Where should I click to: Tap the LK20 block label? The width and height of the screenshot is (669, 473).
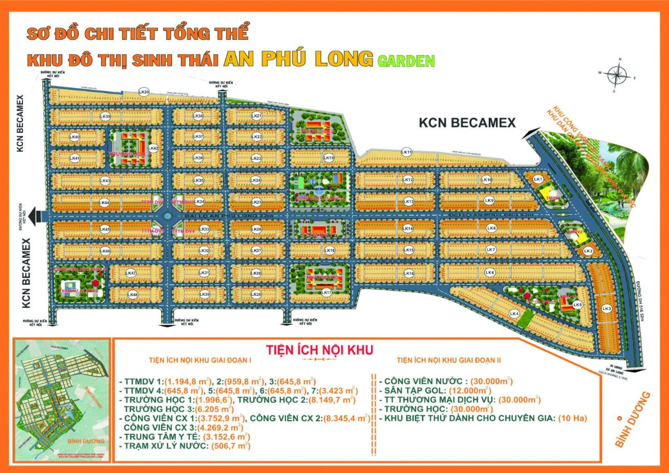(144, 91)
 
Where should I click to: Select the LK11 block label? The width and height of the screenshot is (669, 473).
(407, 152)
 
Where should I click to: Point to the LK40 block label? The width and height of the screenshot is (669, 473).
(75, 137)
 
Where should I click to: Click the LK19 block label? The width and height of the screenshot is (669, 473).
(329, 158)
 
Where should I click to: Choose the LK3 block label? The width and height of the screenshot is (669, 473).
(606, 309)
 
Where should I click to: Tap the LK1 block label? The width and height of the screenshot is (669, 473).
(538, 179)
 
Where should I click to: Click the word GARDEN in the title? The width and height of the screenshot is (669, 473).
(406, 61)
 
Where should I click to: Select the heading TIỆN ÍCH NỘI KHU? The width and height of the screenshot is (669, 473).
(319, 350)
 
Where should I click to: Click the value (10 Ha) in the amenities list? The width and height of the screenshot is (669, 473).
(573, 418)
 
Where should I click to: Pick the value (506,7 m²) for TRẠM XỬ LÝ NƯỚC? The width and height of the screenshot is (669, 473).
(230, 446)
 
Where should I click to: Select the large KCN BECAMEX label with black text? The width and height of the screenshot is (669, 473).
(467, 123)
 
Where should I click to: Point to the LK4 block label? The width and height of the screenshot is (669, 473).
(514, 314)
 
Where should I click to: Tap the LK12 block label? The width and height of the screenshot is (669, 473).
(408, 180)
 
